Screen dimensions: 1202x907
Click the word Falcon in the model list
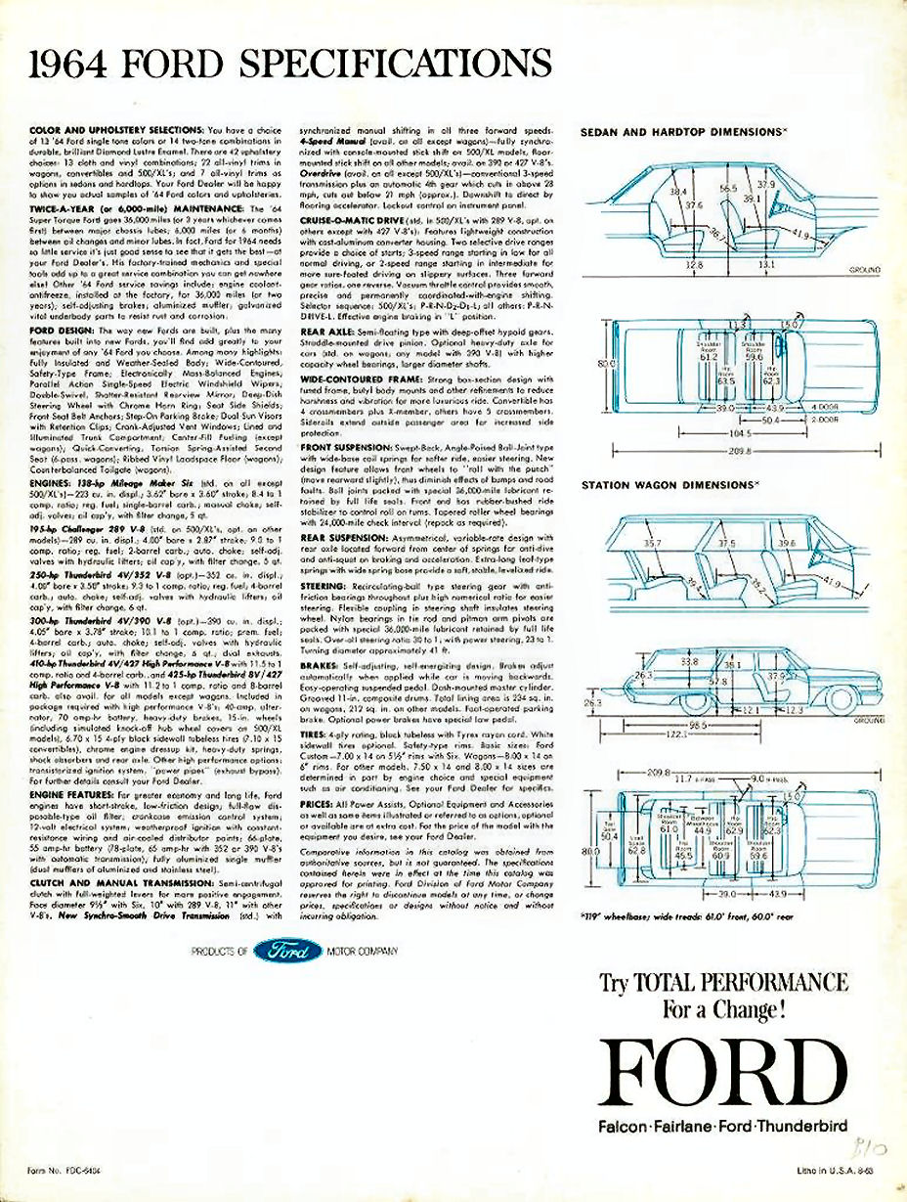[x=627, y=1127]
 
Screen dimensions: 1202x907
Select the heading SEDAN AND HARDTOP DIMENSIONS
[x=684, y=130]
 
